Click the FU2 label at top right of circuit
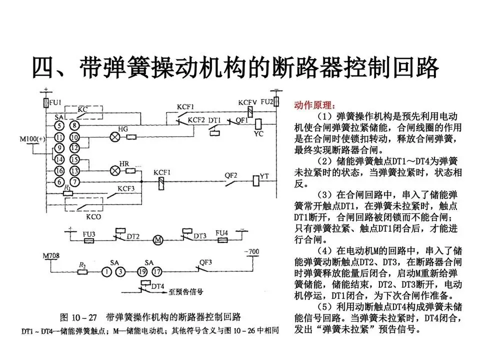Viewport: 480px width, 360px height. tap(266, 101)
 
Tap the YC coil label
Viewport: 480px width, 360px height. tap(258, 134)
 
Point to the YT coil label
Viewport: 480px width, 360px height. tap(264, 175)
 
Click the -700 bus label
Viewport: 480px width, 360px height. tap(251, 251)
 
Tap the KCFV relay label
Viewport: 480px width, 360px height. tap(247, 102)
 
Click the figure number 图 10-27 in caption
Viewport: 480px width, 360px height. tap(78, 317)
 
